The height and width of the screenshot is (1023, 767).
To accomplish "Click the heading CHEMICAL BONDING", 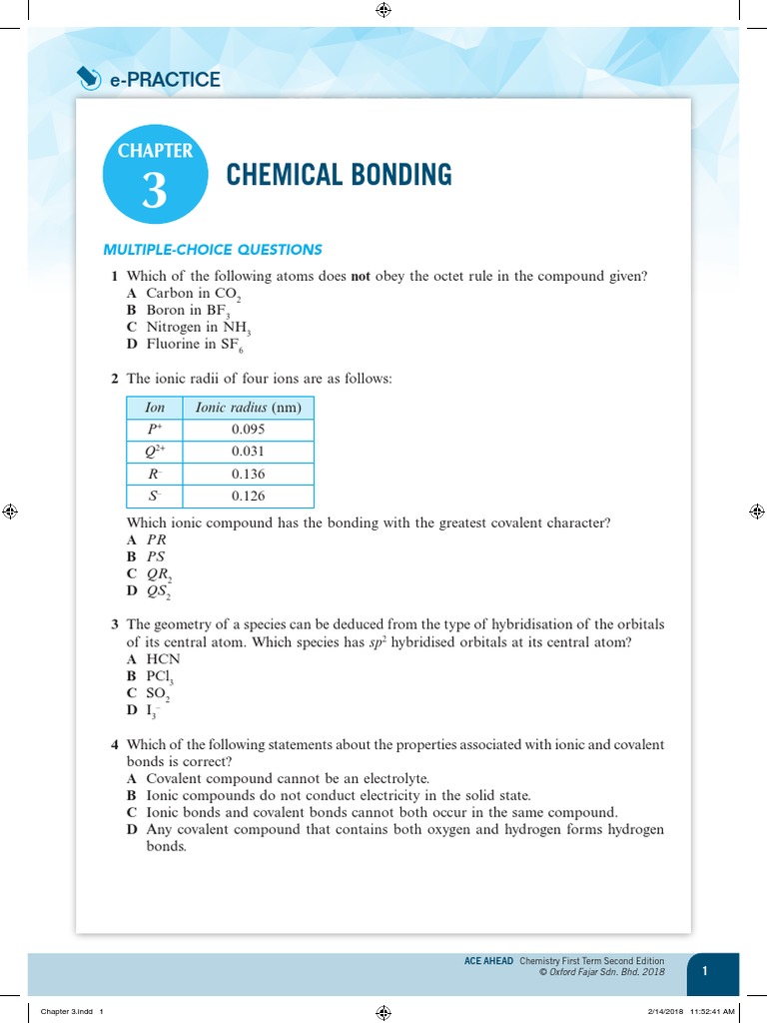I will point(339,175).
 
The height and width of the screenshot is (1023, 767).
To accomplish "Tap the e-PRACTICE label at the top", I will point(165,79).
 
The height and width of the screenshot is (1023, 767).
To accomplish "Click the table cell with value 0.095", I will point(248,430).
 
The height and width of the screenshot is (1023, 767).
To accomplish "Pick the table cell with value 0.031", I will point(248,452).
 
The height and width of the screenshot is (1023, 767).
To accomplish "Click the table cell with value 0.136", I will point(248,474).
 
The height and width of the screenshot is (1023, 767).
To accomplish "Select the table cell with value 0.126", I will point(248,496).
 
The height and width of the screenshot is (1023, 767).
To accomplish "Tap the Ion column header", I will point(155,408).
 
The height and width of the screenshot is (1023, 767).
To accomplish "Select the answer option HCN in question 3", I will point(162,659).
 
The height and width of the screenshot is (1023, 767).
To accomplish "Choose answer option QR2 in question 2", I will point(159,574).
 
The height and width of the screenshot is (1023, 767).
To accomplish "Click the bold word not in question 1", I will point(361,277).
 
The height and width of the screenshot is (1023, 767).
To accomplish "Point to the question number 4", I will point(115,745).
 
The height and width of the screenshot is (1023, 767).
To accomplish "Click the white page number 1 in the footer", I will point(705,971).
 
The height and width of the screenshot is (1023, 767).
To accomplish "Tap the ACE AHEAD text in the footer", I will point(488,961).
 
